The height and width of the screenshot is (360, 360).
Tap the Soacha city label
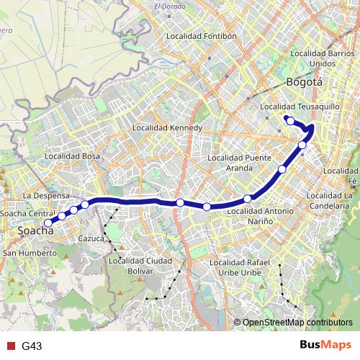point(35,232)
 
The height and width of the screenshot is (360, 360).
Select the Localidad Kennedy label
point(168,128)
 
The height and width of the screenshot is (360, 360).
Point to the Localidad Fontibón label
point(201,35)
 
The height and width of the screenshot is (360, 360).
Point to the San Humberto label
point(30,253)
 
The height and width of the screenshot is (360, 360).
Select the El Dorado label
point(169,7)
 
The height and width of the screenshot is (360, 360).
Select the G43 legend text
point(32,346)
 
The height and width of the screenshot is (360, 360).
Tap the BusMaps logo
point(325,345)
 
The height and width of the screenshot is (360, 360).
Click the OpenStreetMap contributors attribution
point(297,323)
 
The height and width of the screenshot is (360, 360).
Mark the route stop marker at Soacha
point(48,222)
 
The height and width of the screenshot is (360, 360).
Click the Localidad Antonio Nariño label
point(260,216)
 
